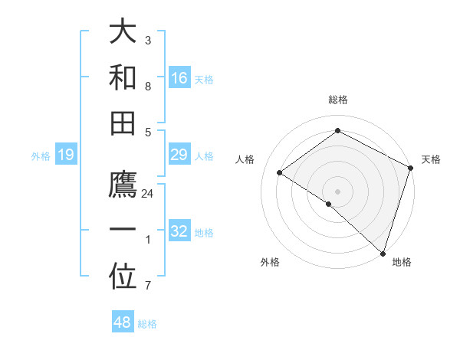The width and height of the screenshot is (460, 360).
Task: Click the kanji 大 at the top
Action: pyautogui.click(x=123, y=33)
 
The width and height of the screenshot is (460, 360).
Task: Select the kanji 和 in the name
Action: pyautogui.click(x=123, y=77)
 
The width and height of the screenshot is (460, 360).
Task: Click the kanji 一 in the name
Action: pyautogui.click(x=123, y=231)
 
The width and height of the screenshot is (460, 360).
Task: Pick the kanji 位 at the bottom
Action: pyautogui.click(x=123, y=277)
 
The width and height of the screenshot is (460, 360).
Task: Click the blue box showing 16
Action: pyautogui.click(x=179, y=78)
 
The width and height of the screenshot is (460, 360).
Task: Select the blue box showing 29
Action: pyautogui.click(x=179, y=155)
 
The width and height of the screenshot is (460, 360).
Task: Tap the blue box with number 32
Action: pyautogui.click(x=179, y=232)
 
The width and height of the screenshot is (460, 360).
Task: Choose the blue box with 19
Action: pyautogui.click(x=66, y=155)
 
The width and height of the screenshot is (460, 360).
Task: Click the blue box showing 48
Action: pyautogui.click(x=123, y=322)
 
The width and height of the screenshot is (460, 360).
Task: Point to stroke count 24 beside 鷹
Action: pyautogui.click(x=148, y=194)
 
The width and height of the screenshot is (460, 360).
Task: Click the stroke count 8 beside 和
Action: pyautogui.click(x=148, y=87)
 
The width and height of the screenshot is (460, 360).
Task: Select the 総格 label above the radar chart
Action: pyautogui.click(x=337, y=100)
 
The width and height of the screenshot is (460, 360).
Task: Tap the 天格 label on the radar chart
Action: pyautogui.click(x=431, y=159)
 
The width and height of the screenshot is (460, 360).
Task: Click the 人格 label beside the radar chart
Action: pyautogui.click(x=245, y=159)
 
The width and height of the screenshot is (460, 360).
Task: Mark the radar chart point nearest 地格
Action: pyautogui.click(x=383, y=252)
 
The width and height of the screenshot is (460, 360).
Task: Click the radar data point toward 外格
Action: pyautogui.click(x=329, y=204)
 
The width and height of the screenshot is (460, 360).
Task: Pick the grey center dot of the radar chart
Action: pyautogui.click(x=337, y=190)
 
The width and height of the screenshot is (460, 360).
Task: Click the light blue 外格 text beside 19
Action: pyautogui.click(x=41, y=156)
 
